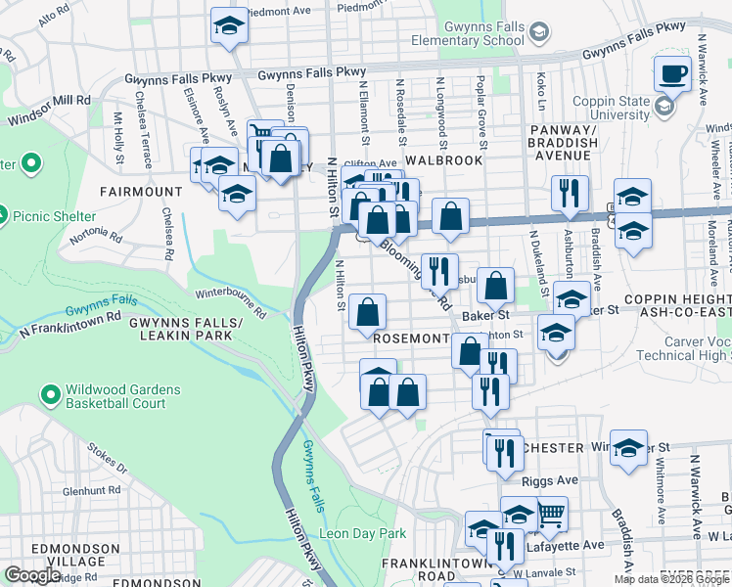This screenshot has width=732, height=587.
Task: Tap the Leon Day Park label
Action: click(x=361, y=533)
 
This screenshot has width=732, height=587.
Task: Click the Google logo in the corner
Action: click(x=33, y=575)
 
